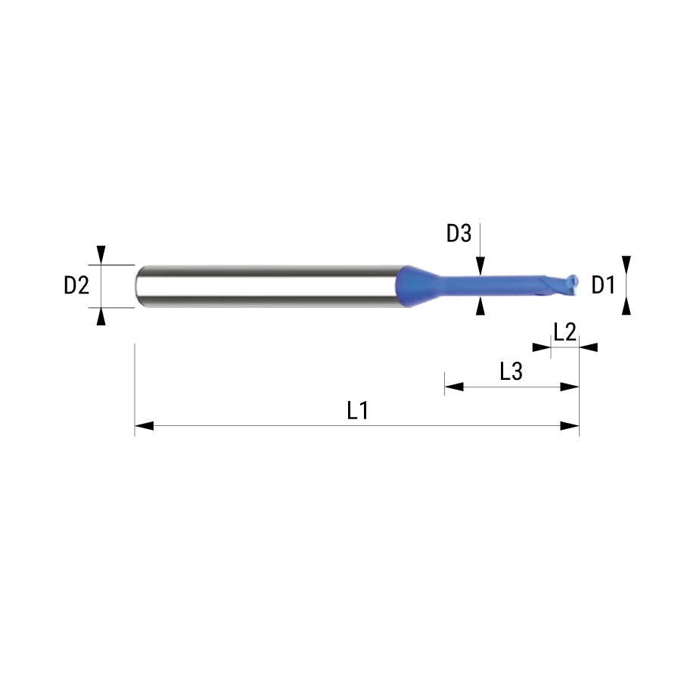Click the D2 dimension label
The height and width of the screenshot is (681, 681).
[76, 285]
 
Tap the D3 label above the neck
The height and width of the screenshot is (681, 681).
[459, 233]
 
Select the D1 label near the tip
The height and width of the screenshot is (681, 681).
[603, 285]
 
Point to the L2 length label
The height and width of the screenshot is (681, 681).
[564, 332]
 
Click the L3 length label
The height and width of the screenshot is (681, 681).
[512, 372]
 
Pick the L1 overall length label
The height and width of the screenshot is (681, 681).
[358, 410]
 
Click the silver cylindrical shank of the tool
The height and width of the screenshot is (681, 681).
[267, 286]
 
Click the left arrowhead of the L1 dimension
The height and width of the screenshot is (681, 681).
[145, 425]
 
